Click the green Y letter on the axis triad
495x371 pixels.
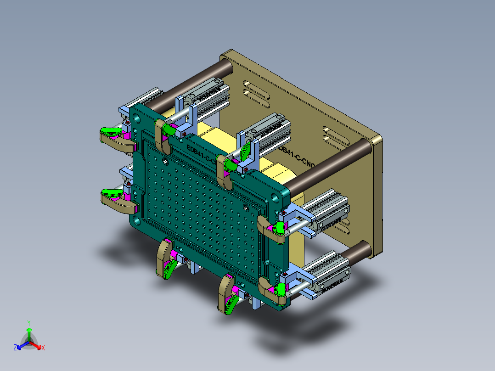[29, 323]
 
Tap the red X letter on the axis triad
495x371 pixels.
[43, 348]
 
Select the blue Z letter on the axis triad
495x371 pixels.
[15, 348]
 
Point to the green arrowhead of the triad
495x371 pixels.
[29, 330]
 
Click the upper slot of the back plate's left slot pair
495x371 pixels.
[257, 84]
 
